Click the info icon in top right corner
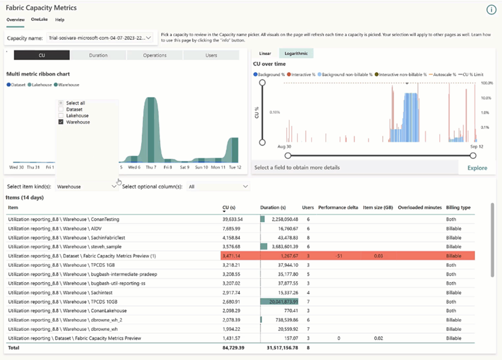point(491,10)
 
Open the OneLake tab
point(39,20)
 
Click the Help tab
point(60,20)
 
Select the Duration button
point(98,56)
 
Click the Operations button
point(155,56)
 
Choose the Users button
point(211,56)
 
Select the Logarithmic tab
point(296,54)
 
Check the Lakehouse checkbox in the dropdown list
point(61,116)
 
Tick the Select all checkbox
point(61,103)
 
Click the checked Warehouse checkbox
point(61,122)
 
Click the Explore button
point(477,167)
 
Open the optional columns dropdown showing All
point(218,186)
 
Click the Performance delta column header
point(338,208)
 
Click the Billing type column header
point(458,208)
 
